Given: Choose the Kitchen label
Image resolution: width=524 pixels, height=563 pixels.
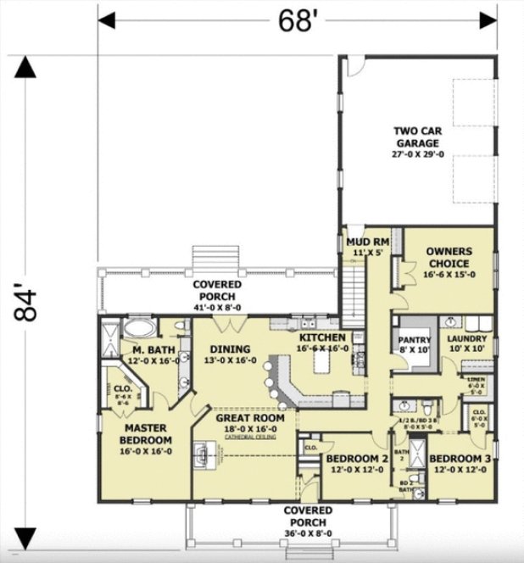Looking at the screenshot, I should click(321, 342).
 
